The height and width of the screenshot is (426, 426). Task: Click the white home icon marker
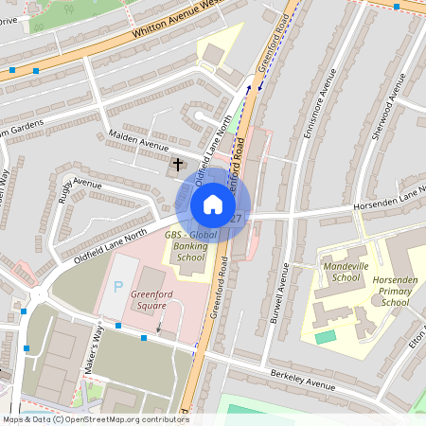[213, 204]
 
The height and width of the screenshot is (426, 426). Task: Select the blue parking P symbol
[118, 286]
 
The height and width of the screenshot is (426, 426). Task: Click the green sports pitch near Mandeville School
[325, 337]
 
